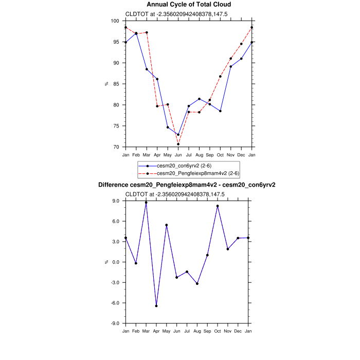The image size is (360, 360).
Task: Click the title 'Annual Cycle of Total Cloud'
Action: [x=189, y=5]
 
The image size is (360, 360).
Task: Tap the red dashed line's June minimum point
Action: [x=178, y=144]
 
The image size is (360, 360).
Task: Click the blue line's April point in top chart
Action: [x=157, y=79]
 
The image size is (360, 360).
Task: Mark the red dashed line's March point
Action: [x=147, y=32]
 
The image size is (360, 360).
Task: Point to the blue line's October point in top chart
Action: [x=220, y=111]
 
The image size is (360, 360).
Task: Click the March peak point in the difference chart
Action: [x=146, y=203]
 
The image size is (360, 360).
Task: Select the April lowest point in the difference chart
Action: [x=156, y=306]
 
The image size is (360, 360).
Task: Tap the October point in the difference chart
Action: [x=218, y=206]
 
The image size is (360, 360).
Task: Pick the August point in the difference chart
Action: [x=197, y=284]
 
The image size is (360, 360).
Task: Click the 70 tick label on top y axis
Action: [x=116, y=147]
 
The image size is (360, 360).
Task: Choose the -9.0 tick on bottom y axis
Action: [x=116, y=323]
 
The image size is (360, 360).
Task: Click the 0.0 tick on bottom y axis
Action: [x=117, y=262]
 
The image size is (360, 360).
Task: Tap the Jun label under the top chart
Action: [x=178, y=154]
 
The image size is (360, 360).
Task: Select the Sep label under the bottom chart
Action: [x=207, y=331]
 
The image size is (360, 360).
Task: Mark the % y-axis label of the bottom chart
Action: [x=107, y=262]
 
